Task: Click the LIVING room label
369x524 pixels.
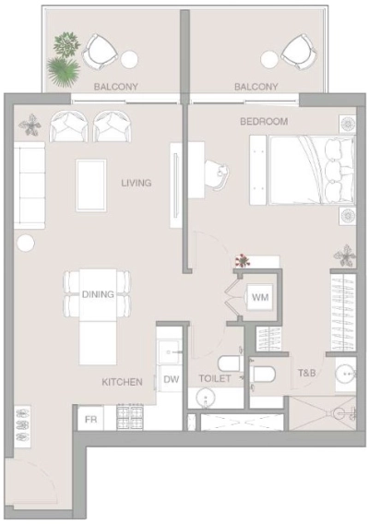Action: coord(137,183)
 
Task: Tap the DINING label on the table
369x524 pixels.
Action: coord(97,294)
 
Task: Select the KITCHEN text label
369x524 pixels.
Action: coord(122,381)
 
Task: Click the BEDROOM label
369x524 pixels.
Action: coord(264,121)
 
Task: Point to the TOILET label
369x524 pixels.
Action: coord(215,379)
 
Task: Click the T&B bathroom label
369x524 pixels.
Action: coord(307,374)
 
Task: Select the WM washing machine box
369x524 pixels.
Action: coord(259,297)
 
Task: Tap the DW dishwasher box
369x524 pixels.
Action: coord(171,378)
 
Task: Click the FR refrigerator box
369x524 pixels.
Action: coord(91,418)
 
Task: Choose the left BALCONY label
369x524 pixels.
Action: coord(116,87)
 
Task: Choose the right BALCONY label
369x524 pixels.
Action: coord(256,87)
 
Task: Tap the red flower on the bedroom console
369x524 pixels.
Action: coord(243,261)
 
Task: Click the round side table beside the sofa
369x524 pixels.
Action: coord(25,243)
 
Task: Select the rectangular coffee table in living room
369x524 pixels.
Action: coord(90,185)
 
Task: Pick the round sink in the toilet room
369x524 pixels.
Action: coord(205,398)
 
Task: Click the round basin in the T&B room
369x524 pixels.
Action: coord(345,374)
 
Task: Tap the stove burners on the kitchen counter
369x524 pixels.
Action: coord(131,418)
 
